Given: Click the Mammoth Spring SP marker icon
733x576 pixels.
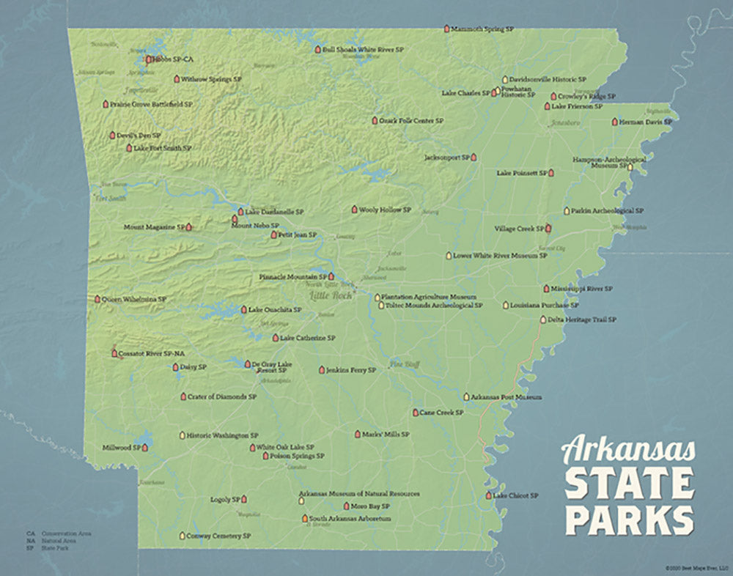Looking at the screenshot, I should (x=446, y=28).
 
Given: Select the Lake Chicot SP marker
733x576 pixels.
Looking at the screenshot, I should (x=488, y=496).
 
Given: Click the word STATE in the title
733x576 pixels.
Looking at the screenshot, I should (x=628, y=484).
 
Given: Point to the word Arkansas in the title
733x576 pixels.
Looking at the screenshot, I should (x=628, y=448).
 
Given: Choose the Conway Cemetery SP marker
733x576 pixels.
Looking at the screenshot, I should (x=182, y=536).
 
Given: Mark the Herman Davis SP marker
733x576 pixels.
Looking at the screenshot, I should (x=614, y=122).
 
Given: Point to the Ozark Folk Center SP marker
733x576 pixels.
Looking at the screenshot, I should (x=374, y=120).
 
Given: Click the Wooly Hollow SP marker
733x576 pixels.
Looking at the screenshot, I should (x=354, y=210).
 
